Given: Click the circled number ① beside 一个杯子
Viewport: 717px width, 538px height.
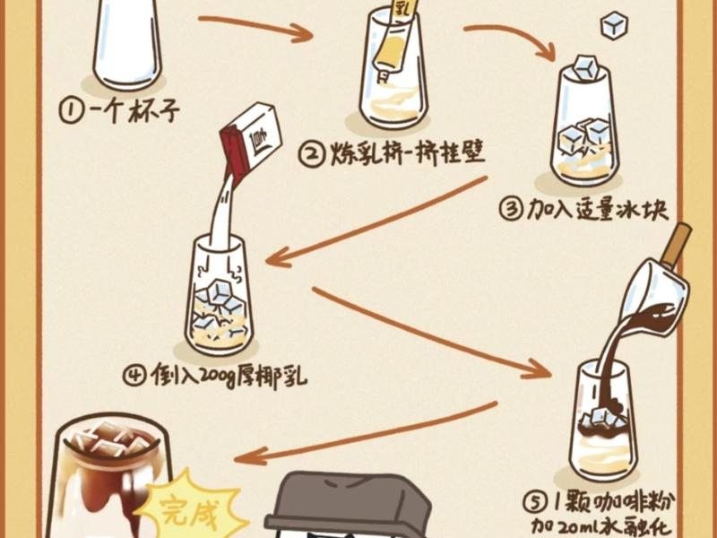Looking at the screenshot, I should [72, 111].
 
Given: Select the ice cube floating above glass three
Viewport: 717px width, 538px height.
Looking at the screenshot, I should [614, 24].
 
